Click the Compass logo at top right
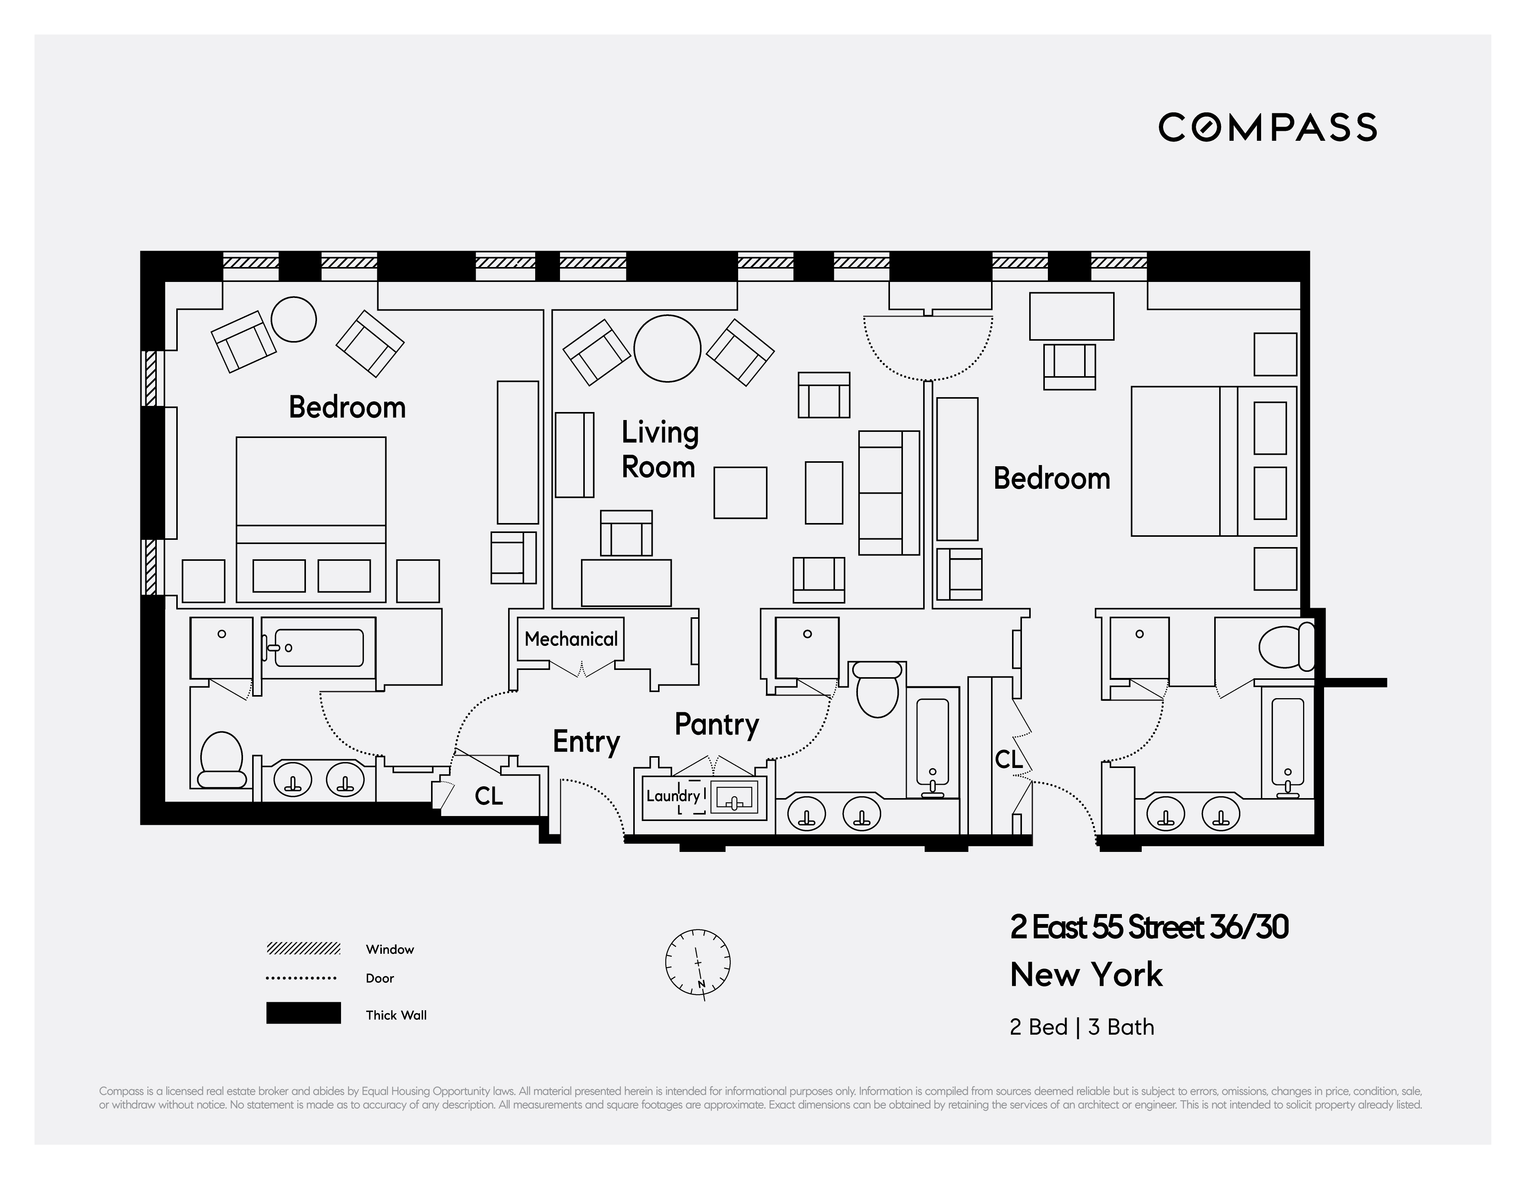(x=1267, y=127)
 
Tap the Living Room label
(x=659, y=449)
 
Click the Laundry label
(x=673, y=795)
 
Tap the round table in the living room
(x=667, y=348)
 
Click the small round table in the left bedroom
(x=294, y=319)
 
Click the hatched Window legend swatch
(x=303, y=948)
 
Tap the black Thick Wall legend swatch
(x=303, y=1013)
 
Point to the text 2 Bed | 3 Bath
(x=1081, y=1027)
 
